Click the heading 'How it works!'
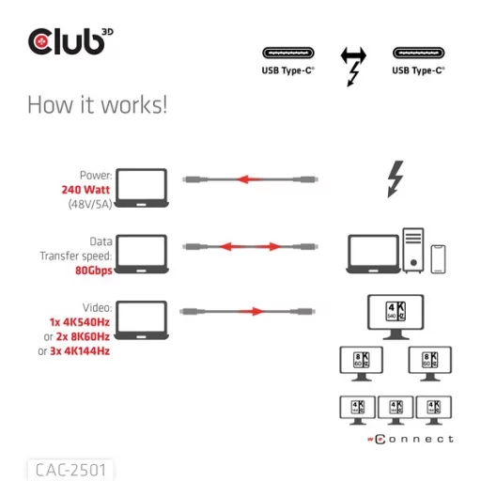tap(97, 104)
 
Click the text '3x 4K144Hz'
tap(80, 350)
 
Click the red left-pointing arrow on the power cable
tap(249, 178)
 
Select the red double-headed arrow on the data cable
tap(249, 246)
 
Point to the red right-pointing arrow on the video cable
tap(249, 311)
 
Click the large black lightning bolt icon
tap(396, 178)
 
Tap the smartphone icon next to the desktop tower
tap(438, 258)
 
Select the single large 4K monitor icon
tap(393, 314)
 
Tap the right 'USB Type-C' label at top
tap(418, 70)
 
